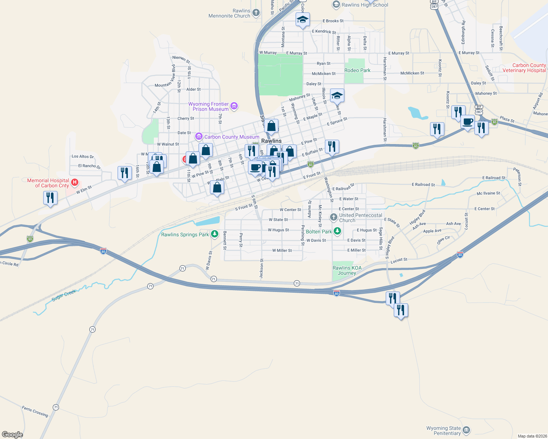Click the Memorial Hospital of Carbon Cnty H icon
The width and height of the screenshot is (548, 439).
[x=75, y=182]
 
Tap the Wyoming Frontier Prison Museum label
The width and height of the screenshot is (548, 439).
[x=208, y=106]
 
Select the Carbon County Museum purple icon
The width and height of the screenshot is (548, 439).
[x=199, y=137]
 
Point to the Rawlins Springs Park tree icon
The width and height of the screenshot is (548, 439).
[x=215, y=234]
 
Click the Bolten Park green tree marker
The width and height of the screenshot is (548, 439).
[x=337, y=231]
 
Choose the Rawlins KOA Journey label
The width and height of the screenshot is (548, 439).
[x=347, y=270]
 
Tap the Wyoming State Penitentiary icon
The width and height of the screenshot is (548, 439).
[x=466, y=430]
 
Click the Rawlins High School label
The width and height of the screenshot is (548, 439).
[x=365, y=5]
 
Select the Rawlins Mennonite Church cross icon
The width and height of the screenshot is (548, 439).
[x=256, y=13]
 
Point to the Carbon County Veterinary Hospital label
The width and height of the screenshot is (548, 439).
[x=524, y=68]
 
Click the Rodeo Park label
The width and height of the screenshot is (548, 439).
[x=358, y=70]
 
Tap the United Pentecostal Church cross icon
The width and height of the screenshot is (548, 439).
[x=333, y=217]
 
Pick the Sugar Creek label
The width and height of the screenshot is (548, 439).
[x=64, y=295]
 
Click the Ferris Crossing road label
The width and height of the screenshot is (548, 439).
[x=35, y=411]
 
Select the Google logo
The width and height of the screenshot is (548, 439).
[x=12, y=435]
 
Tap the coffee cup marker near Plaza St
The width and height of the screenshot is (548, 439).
[x=467, y=121]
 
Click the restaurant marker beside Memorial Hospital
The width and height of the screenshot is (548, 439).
[x=50, y=198]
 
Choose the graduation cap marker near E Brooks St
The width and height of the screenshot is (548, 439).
[x=303, y=20]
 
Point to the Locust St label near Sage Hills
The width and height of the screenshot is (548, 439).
[x=399, y=260]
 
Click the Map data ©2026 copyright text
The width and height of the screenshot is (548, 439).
[x=532, y=436]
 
